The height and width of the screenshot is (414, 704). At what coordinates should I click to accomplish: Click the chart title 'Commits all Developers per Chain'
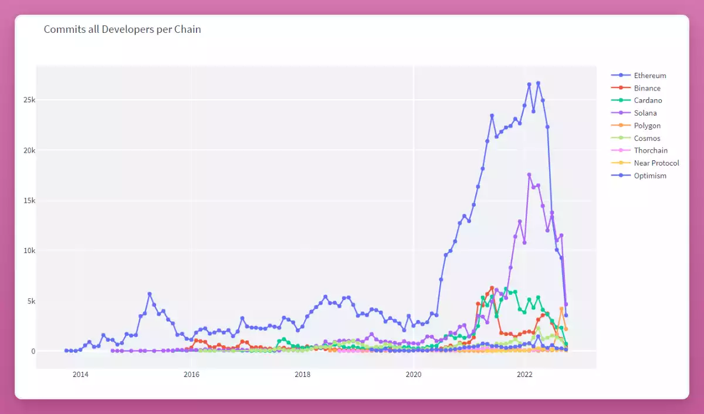coord(122,29)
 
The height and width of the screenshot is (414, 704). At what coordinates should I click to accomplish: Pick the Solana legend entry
coord(645,113)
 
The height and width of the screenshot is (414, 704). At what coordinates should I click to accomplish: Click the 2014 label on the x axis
coord(80,375)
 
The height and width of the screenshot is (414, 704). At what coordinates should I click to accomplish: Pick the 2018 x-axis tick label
coord(303,375)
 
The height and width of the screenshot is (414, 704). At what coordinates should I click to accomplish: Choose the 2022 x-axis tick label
coord(524,375)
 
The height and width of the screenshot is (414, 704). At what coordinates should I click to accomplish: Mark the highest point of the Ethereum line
coord(538,83)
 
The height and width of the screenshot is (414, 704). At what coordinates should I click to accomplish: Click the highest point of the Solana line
coord(529,174)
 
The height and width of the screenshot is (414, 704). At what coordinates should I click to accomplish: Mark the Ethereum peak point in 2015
coord(150,294)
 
